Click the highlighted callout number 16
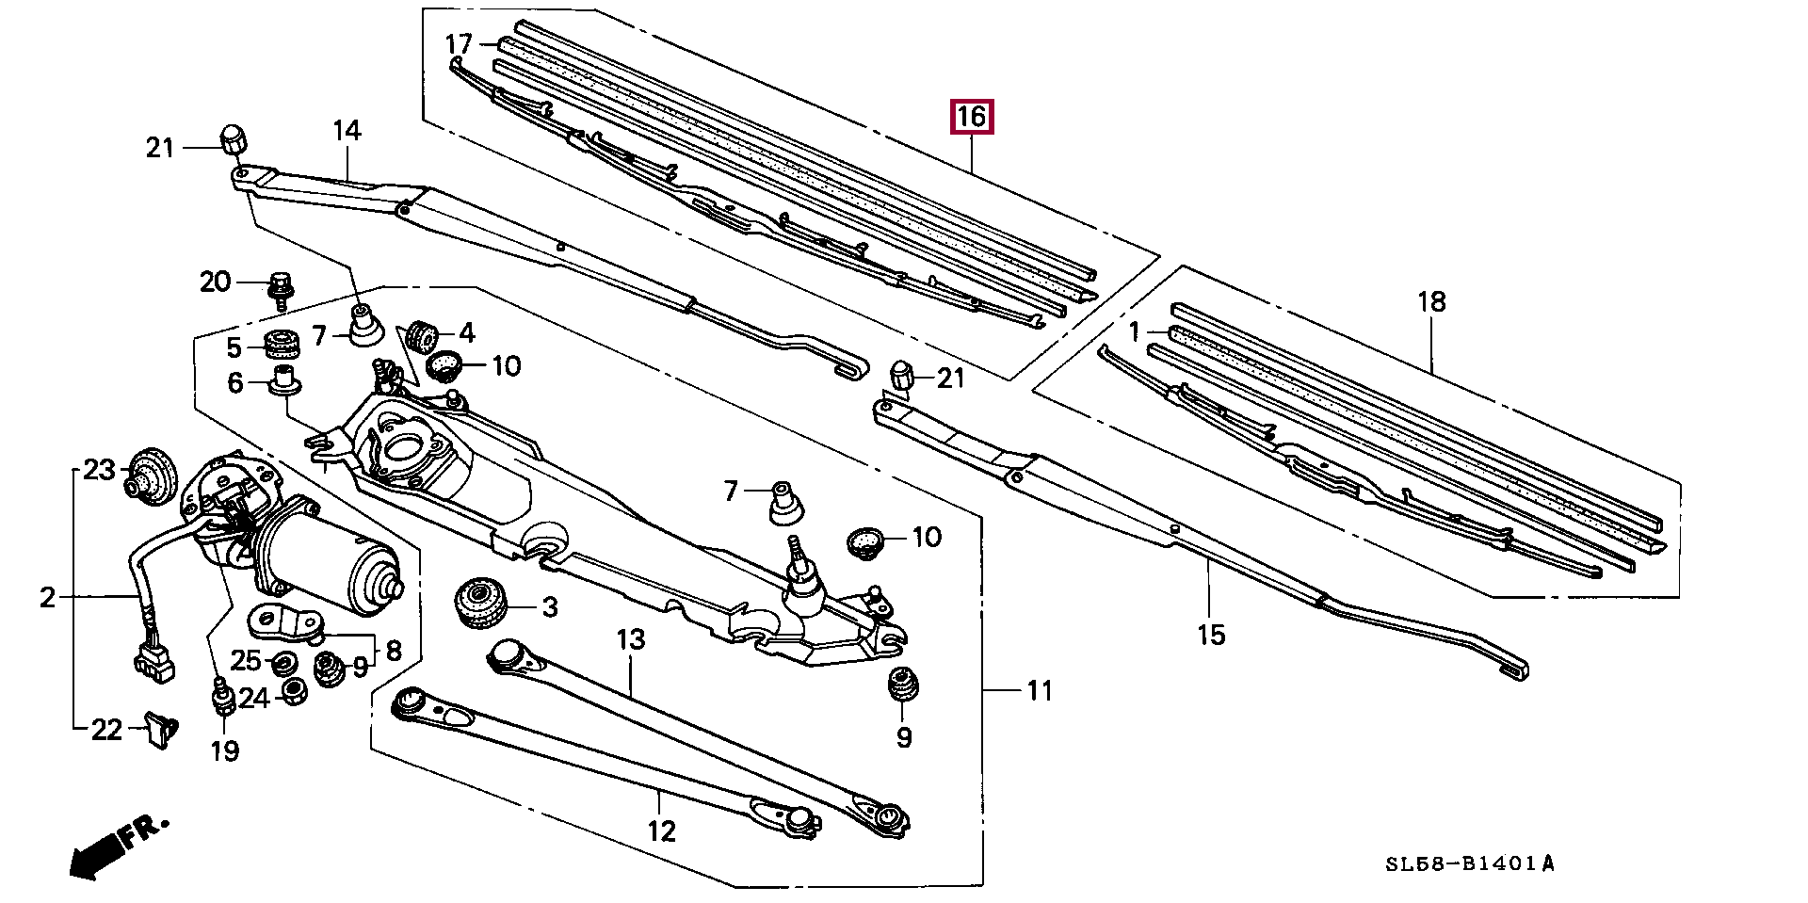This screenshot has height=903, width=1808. (972, 117)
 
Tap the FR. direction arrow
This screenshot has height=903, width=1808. (119, 847)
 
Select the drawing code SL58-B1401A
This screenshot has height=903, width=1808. (1470, 864)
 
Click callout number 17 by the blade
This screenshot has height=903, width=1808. (459, 44)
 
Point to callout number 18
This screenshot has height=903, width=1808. (1431, 302)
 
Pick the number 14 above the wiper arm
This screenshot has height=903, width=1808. (347, 131)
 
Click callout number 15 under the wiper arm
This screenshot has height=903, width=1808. (1211, 635)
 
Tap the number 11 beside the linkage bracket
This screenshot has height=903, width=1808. (1039, 691)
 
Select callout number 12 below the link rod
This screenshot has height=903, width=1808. (662, 831)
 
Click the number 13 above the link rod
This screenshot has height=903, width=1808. (631, 640)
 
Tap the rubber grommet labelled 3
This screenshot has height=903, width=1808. (481, 605)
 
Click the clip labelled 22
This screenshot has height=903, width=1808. (161, 730)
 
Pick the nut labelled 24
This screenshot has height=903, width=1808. (294, 694)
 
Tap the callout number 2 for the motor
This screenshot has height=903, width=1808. (48, 597)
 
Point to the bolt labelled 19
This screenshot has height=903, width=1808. (223, 700)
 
